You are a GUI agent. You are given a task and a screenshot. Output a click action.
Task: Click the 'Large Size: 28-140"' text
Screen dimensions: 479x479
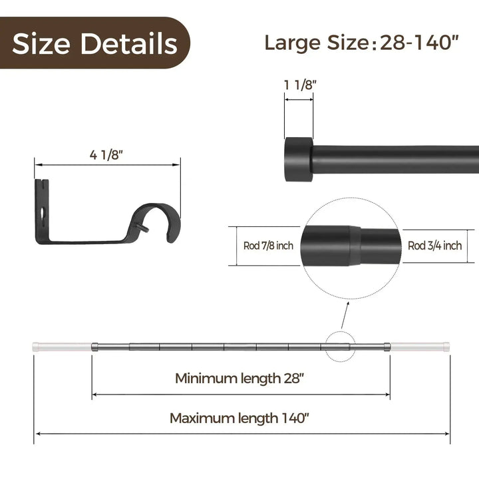[362, 43]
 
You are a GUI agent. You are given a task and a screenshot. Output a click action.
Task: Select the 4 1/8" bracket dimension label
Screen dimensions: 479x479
[106, 154]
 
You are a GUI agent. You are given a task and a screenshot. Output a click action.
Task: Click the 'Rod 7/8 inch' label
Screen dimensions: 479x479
[268, 245]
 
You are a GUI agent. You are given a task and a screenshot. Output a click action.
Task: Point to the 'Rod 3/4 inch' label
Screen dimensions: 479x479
[434, 245]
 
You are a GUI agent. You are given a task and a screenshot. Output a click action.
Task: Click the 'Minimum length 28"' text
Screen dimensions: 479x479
[241, 378]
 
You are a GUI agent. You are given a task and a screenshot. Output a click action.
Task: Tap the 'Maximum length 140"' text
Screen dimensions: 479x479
[240, 418]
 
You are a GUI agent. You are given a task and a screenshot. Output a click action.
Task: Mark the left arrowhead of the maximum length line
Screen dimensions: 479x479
[37, 434]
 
